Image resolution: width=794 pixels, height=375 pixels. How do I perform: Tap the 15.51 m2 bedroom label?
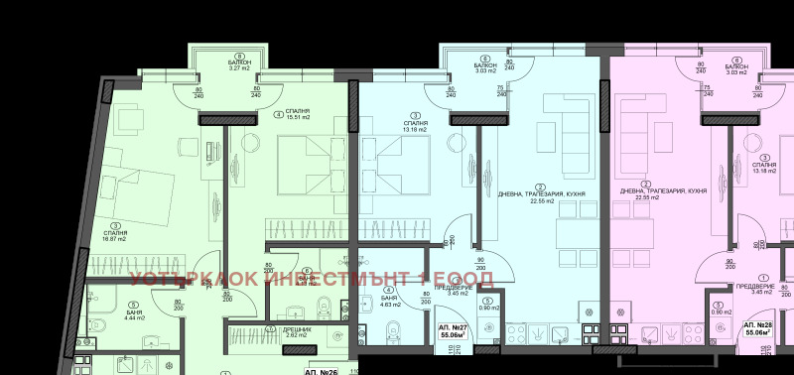pyautogui.click(x=296, y=118)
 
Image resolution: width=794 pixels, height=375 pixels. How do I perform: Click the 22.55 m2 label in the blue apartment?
pyautogui.click(x=541, y=199)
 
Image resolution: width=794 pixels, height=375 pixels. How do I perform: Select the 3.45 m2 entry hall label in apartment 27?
pyautogui.click(x=458, y=293)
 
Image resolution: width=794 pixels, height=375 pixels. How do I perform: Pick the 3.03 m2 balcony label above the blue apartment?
pyautogui.click(x=485, y=69)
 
